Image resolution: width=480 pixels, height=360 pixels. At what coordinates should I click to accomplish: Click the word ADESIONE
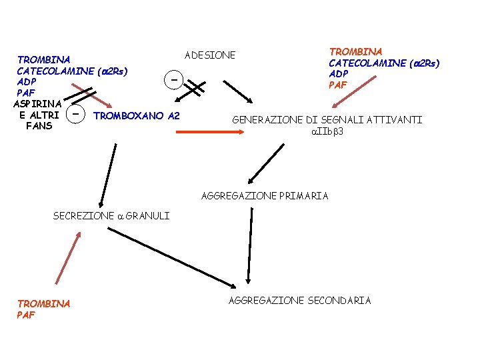pyautogui.click(x=210, y=55)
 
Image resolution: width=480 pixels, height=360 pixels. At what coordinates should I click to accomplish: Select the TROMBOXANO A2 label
pyautogui.click(x=137, y=116)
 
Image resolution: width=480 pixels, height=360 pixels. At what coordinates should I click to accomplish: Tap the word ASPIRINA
pyautogui.click(x=37, y=103)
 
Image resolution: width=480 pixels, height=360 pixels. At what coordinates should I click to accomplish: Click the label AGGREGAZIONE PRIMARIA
pyautogui.click(x=265, y=195)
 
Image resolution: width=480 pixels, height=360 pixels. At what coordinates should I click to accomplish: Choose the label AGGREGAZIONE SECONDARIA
pyautogui.click(x=299, y=300)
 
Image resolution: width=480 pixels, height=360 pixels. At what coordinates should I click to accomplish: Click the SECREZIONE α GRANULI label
pyautogui.click(x=111, y=215)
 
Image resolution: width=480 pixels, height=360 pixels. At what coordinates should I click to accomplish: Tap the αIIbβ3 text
pyautogui.click(x=327, y=131)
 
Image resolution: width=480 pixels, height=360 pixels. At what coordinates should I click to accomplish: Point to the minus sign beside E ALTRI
pyautogui.click(x=77, y=115)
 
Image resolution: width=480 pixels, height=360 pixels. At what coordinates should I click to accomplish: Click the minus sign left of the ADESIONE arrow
pyautogui.click(x=173, y=80)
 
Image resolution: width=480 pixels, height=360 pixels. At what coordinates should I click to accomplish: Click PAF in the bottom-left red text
pyautogui.click(x=26, y=315)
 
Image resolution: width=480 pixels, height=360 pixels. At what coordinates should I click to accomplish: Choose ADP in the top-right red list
pyautogui.click(x=339, y=73)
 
